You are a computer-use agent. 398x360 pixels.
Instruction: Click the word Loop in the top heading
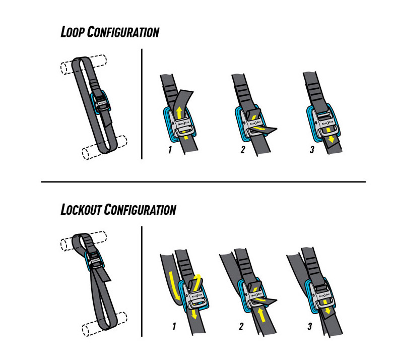73,32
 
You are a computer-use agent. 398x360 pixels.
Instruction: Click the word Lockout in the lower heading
80,209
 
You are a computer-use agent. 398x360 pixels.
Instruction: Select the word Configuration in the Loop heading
124,32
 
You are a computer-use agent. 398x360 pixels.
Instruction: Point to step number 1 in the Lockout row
174,327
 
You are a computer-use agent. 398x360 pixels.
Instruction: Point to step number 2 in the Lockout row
241,327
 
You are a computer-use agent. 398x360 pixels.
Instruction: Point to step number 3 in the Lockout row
309,327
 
